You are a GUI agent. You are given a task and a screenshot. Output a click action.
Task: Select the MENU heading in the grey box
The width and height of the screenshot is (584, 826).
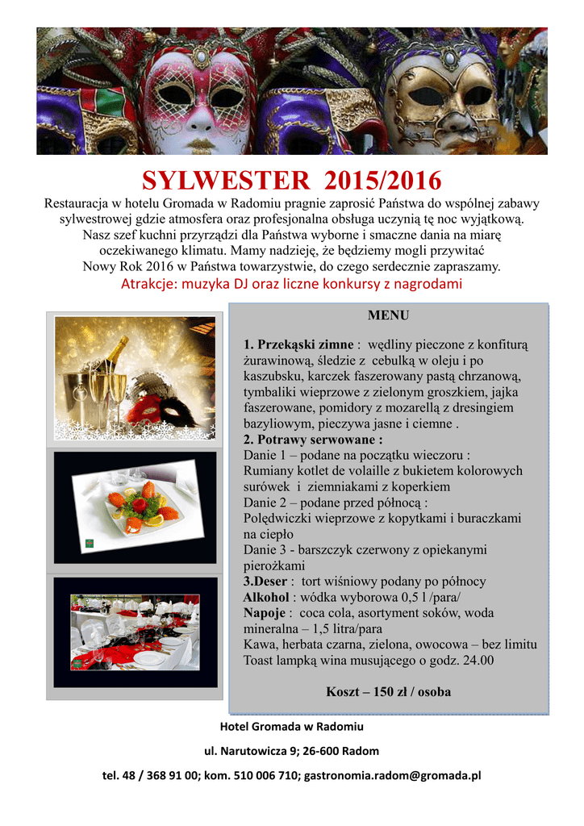[388, 315]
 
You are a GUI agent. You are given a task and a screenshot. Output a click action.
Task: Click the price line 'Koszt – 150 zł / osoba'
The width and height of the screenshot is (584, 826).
[388, 691]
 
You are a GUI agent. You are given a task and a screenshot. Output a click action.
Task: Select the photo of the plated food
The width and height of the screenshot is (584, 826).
[136, 506]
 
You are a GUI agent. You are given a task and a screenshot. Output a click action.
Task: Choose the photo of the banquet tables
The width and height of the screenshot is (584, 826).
[136, 632]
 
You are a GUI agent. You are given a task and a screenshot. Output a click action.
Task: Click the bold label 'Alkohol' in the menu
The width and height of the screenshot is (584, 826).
[265, 597]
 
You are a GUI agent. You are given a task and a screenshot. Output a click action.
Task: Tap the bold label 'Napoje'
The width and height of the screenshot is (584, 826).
[265, 613]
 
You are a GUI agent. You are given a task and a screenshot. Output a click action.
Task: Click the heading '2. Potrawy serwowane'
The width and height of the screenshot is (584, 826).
[312, 440]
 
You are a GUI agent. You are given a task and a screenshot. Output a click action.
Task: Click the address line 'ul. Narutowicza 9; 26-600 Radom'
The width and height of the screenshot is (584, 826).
[291, 751]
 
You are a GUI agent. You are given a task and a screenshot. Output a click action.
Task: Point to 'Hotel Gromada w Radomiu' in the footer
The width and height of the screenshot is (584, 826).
[291, 727]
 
